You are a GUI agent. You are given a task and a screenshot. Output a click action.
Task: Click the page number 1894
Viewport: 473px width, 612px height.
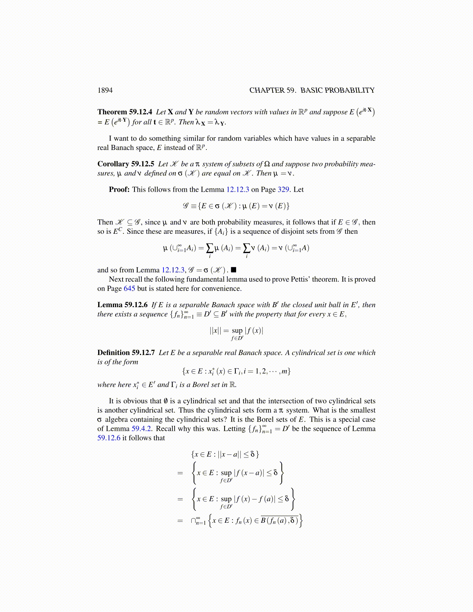point(105,90)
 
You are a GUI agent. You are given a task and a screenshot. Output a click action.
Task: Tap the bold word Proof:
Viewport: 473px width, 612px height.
point(119,190)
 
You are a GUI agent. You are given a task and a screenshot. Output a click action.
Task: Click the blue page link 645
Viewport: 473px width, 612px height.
point(129,289)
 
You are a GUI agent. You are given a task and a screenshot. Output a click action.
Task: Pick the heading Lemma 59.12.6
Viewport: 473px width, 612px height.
point(123,305)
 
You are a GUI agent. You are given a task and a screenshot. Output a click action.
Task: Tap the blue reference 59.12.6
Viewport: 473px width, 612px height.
point(109,438)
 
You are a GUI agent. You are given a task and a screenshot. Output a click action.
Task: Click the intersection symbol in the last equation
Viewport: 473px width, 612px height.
point(194,521)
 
